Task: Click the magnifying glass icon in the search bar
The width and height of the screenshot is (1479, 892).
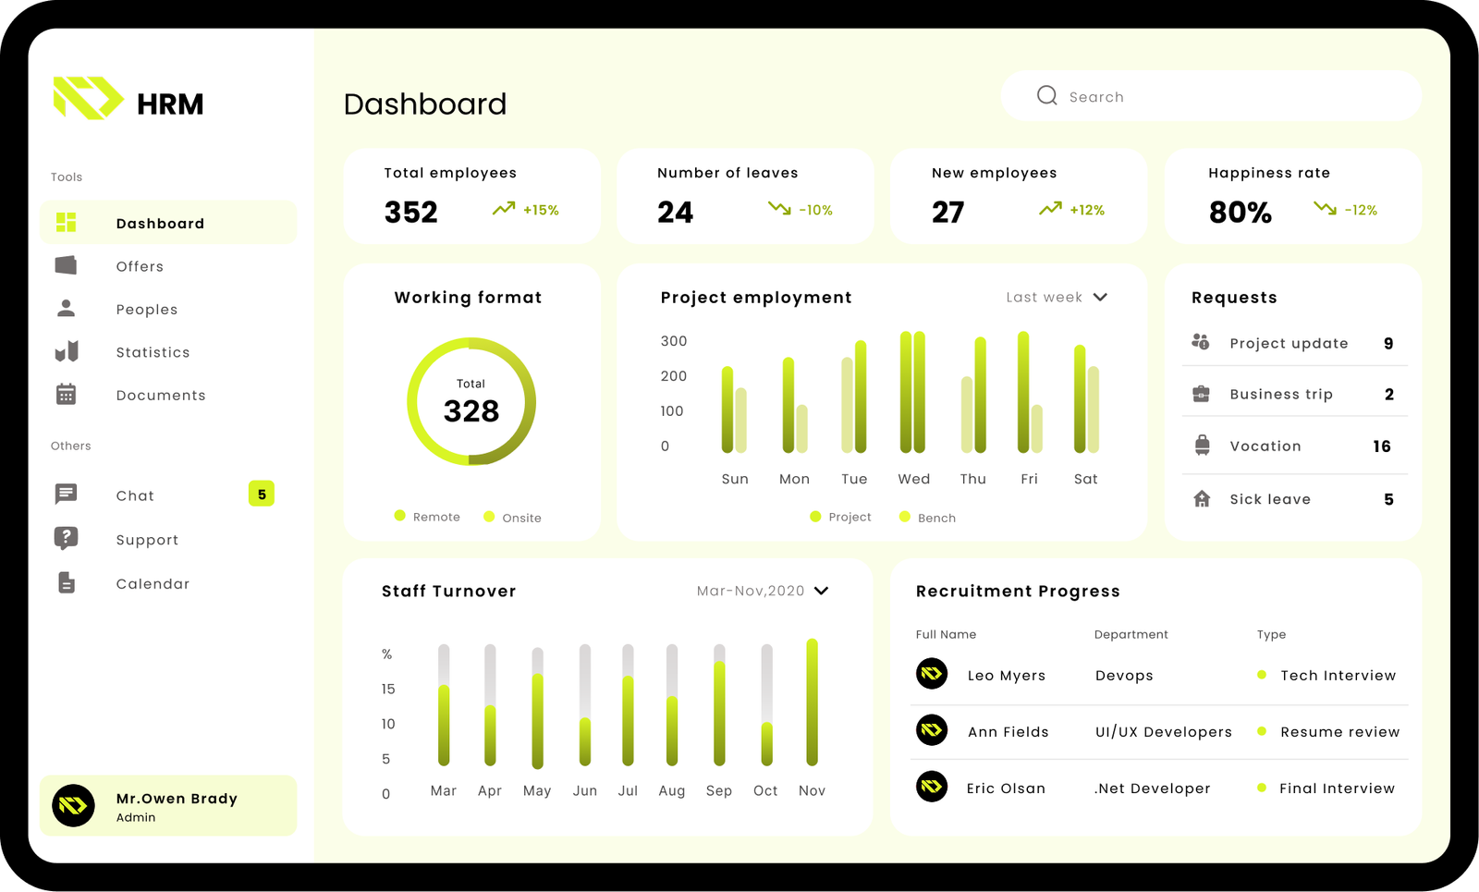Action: point(1046,96)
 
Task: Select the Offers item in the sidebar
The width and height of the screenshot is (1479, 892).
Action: point(140,266)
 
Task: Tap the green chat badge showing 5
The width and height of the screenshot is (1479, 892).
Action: point(262,495)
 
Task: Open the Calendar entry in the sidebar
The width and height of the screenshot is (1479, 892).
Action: point(153,583)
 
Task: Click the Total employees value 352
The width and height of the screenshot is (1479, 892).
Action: point(411,212)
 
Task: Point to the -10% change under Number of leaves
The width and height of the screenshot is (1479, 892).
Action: point(815,211)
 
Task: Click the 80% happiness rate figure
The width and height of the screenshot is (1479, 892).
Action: point(1241,213)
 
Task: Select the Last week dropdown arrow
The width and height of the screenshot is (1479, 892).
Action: point(1100,297)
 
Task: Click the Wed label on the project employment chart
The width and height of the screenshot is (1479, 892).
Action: point(913,479)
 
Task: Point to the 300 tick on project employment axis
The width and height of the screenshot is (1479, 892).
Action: point(674,341)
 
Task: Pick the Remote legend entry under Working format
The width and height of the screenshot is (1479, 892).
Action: point(428,517)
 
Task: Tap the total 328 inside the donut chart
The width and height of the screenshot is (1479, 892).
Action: point(471,410)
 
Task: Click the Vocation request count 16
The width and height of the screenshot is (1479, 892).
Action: point(1382,446)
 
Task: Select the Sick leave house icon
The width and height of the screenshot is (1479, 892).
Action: point(1202,499)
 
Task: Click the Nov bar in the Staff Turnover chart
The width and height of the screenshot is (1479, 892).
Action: point(812,703)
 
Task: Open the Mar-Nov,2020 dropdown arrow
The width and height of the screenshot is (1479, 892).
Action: point(821,591)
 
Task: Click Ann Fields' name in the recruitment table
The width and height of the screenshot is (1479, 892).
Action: point(1008,732)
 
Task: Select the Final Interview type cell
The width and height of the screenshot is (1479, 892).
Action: point(1337,788)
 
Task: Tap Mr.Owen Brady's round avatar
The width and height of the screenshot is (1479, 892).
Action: point(74,805)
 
